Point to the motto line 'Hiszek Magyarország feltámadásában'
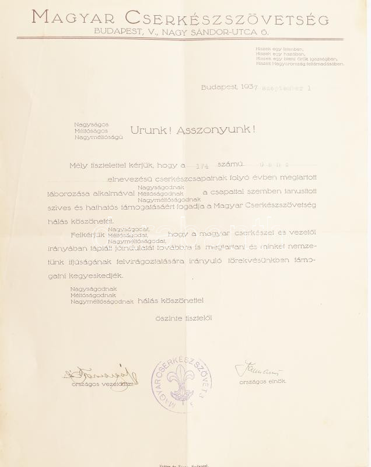299,64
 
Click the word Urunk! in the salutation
152,130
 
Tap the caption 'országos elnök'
262,382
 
